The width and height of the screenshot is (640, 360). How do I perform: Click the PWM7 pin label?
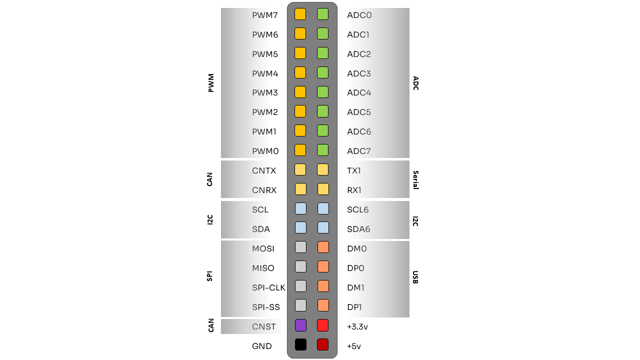pyautogui.click(x=264, y=15)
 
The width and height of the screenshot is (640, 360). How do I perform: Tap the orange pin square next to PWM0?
pyautogui.click(x=300, y=150)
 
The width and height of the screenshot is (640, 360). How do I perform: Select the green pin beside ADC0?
pyautogui.click(x=322, y=14)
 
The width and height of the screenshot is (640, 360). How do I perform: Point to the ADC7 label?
pyautogui.click(x=359, y=151)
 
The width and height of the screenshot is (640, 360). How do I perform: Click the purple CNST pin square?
pyautogui.click(x=300, y=325)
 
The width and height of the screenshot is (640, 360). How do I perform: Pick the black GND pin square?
pyautogui.click(x=300, y=344)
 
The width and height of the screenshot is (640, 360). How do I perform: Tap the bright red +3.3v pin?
pyautogui.click(x=322, y=325)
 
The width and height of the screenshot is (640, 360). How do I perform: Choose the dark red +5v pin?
pyautogui.click(x=322, y=344)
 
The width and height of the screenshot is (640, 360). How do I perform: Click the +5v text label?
pyautogui.click(x=354, y=346)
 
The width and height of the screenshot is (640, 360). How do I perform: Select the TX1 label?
pyautogui.click(x=354, y=170)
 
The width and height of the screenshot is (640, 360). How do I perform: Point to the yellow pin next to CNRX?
pyautogui.click(x=300, y=189)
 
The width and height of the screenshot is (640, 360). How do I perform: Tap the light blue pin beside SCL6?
pyautogui.click(x=322, y=208)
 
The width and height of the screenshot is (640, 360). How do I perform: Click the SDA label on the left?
pyautogui.click(x=261, y=229)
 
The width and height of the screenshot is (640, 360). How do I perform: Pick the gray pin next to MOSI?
pyautogui.click(x=300, y=247)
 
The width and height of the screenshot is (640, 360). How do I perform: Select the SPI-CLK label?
pyautogui.click(x=268, y=287)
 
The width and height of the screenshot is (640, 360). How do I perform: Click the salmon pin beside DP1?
pyautogui.click(x=322, y=305)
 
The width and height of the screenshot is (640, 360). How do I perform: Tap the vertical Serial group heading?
pyautogui.click(x=415, y=180)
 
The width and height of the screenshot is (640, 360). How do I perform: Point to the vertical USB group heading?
pyautogui.click(x=415, y=277)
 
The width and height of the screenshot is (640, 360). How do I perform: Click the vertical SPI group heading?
pyautogui.click(x=209, y=276)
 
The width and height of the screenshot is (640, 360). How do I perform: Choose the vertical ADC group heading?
pyautogui.click(x=415, y=83)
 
